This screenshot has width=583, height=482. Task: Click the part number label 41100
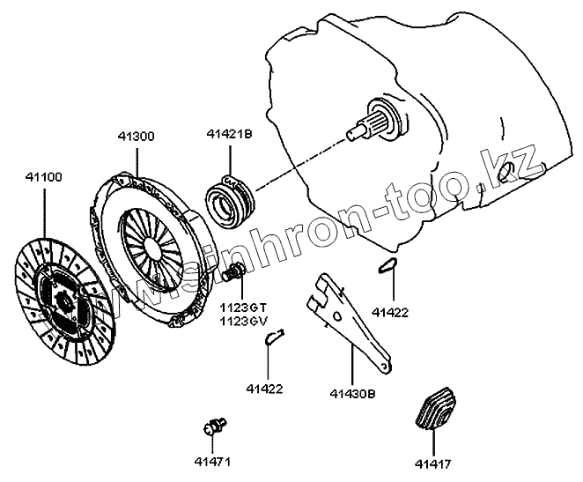coord(42,177)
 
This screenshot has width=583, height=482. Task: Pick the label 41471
coord(211,459)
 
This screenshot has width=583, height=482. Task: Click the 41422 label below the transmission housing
coord(389,311)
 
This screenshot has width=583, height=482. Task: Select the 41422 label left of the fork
coord(264,388)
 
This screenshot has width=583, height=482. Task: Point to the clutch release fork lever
coord(352,322)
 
